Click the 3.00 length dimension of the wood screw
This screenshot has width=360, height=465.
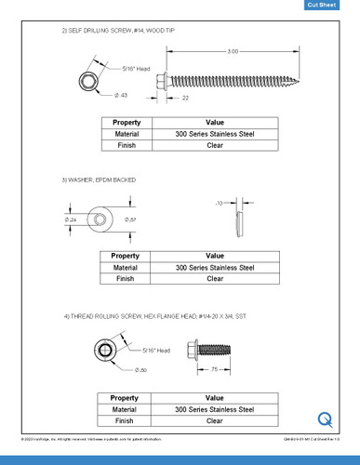tap(233, 51)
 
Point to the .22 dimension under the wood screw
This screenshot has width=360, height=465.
tap(186, 97)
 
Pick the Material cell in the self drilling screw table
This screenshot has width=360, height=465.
tap(127, 134)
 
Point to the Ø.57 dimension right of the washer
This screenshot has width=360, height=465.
tap(131, 219)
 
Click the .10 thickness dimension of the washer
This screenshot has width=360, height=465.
tap(220, 201)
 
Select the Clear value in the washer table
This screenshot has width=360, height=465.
tap(215, 278)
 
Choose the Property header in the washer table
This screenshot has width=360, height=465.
tap(127, 256)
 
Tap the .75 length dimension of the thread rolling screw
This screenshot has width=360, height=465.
tap(215, 369)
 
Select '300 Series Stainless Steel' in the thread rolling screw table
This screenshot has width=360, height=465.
tap(215, 408)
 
